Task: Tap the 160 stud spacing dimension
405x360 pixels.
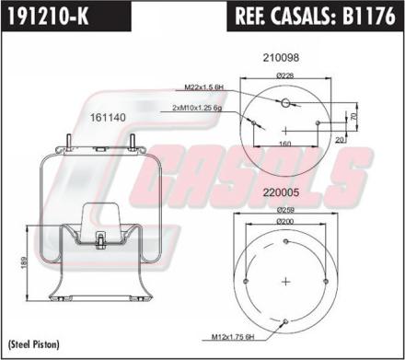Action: click(x=284, y=144)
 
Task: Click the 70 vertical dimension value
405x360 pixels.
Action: click(x=354, y=117)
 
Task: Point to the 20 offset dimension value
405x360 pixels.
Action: click(x=341, y=139)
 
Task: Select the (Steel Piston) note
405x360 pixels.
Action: click(x=33, y=343)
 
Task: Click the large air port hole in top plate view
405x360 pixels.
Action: click(x=284, y=103)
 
